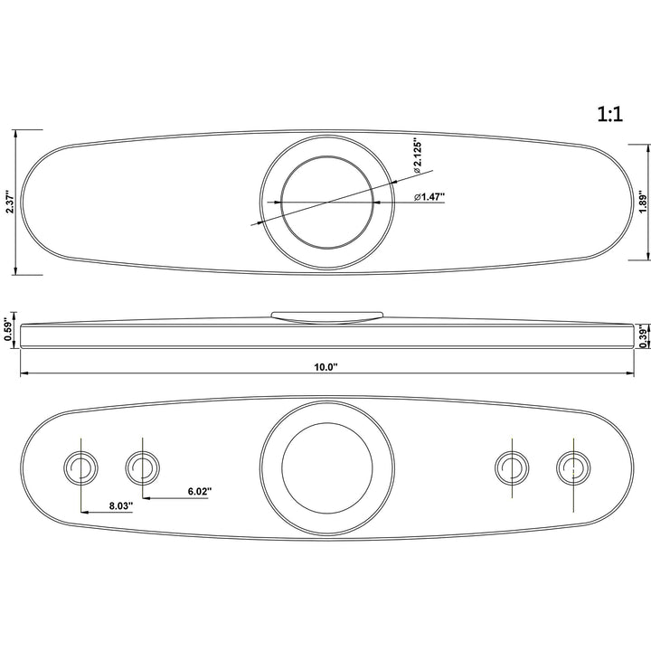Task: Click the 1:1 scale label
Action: point(610,114)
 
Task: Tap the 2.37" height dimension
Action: point(10,203)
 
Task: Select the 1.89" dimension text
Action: point(643,202)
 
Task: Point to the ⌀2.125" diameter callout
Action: point(417,157)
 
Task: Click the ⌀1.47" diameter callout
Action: point(429,196)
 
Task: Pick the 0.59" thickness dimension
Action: point(7,330)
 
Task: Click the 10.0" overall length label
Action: point(325,367)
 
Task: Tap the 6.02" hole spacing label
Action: point(200,491)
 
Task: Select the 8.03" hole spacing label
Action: point(121,505)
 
